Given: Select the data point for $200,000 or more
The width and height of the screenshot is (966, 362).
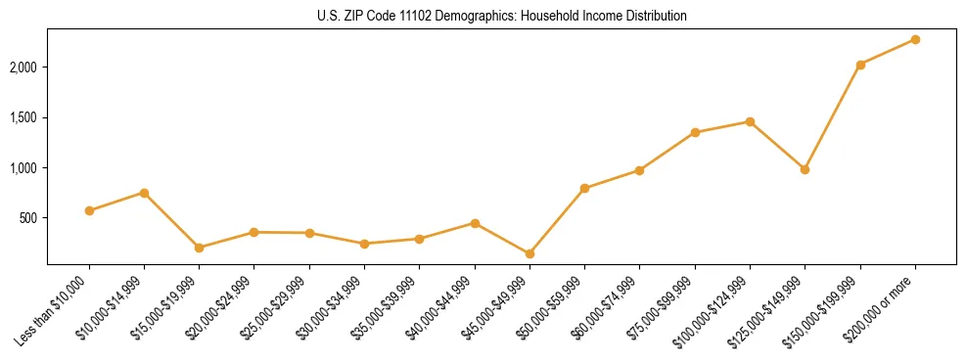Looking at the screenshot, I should (x=915, y=39).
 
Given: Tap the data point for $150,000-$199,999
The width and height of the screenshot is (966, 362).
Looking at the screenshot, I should (x=860, y=65).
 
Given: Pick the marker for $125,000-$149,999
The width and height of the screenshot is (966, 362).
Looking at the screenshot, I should (x=805, y=169).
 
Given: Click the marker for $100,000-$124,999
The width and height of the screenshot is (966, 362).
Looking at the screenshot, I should (x=750, y=121).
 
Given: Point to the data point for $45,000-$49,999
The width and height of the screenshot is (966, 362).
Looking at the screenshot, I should (x=529, y=253).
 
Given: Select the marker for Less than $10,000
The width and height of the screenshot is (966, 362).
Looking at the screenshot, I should (x=89, y=210).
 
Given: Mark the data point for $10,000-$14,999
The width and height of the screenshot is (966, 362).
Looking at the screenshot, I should (x=144, y=193).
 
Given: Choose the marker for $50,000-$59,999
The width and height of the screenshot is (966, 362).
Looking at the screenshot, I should (x=584, y=188).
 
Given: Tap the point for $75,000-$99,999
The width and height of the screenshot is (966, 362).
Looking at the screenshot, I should (x=695, y=132).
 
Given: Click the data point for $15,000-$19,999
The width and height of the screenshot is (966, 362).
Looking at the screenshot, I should (x=199, y=248).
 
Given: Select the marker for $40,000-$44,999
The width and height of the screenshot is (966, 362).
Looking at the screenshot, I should (x=475, y=223).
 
